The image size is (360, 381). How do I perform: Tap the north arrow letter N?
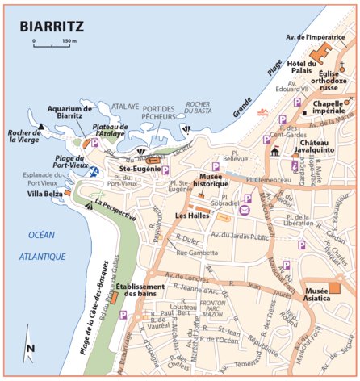point(29,348)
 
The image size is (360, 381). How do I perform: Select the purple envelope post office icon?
point(245,211)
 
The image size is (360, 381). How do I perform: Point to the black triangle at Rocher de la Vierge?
point(40,127)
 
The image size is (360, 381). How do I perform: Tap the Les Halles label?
point(193,216)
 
